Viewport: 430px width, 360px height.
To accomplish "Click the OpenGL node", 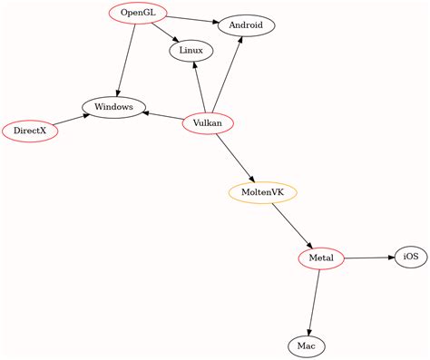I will point(138,14).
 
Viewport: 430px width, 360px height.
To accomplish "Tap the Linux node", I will point(191,50).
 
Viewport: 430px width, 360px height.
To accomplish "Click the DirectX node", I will point(30,131).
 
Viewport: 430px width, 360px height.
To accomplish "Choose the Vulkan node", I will point(208,123).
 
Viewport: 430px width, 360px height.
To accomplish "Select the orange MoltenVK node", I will point(263,192).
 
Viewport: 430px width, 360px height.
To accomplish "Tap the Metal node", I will point(321,258).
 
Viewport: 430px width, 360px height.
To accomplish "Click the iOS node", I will point(410,258).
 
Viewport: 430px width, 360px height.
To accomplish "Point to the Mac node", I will point(306,345).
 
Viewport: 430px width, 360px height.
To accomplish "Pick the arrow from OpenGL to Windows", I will point(126,59).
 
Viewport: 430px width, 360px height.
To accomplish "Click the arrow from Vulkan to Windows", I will point(162,115).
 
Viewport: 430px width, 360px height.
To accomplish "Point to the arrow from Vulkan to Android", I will point(228,74).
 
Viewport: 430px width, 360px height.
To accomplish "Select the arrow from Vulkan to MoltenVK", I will point(235,157).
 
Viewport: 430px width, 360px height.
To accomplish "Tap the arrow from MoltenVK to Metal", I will point(291,225).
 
